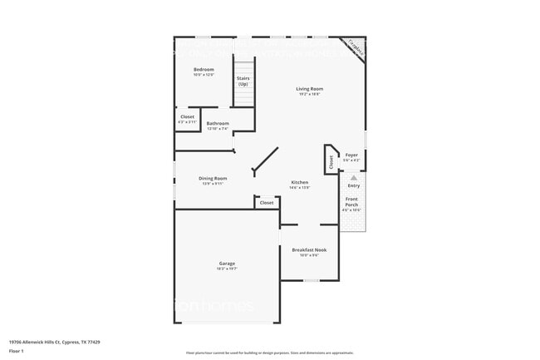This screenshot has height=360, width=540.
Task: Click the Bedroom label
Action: tap(204, 69)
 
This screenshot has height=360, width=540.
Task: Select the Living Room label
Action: tap(310, 88)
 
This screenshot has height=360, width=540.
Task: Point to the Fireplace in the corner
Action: tap(355, 48)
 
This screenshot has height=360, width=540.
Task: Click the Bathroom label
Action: tap(218, 124)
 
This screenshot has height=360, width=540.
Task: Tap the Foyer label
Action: tap(351, 155)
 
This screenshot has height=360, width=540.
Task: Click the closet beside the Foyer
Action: tap(331, 162)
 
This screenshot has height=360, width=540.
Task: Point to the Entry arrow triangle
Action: tap(353, 177)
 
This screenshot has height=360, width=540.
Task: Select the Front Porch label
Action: tap(352, 202)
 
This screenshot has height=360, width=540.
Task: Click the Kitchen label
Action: tap(299, 182)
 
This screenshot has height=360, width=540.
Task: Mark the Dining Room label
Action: tap(213, 178)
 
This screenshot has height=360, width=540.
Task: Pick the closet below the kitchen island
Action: tap(267, 203)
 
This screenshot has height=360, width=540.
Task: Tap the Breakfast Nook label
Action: tap(309, 249)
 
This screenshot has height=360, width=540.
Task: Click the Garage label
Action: tap(227, 263)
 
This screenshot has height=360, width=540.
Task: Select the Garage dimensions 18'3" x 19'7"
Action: tap(227, 269)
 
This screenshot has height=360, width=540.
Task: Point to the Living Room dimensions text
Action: tap(310, 94)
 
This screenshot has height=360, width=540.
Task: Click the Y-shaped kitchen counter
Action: tap(265, 160)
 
